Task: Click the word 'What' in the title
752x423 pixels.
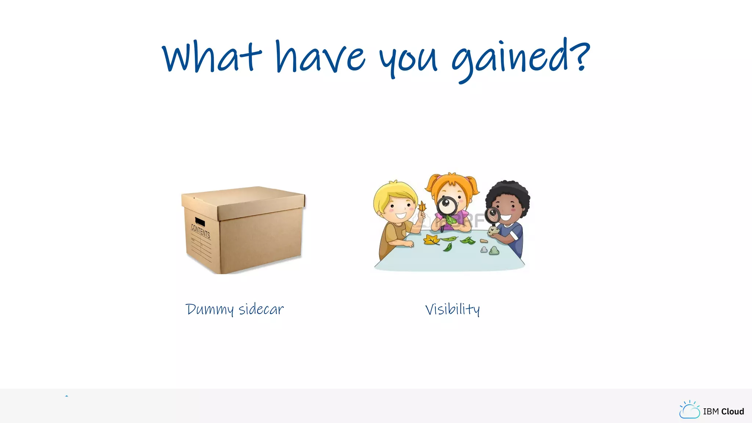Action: [211, 57]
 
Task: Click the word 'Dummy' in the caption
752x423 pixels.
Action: [209, 310]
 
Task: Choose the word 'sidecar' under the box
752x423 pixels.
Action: [261, 309]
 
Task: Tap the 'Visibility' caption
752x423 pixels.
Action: [452, 310]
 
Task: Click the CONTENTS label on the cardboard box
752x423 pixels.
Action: [200, 231]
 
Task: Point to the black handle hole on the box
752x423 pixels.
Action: [200, 222]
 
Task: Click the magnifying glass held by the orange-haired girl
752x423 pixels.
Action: [447, 206]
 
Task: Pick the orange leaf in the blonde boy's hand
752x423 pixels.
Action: [422, 206]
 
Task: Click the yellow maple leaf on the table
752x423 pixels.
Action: [431, 240]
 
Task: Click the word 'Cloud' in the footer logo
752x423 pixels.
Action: [733, 412]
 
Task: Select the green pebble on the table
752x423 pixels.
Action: [494, 251]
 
